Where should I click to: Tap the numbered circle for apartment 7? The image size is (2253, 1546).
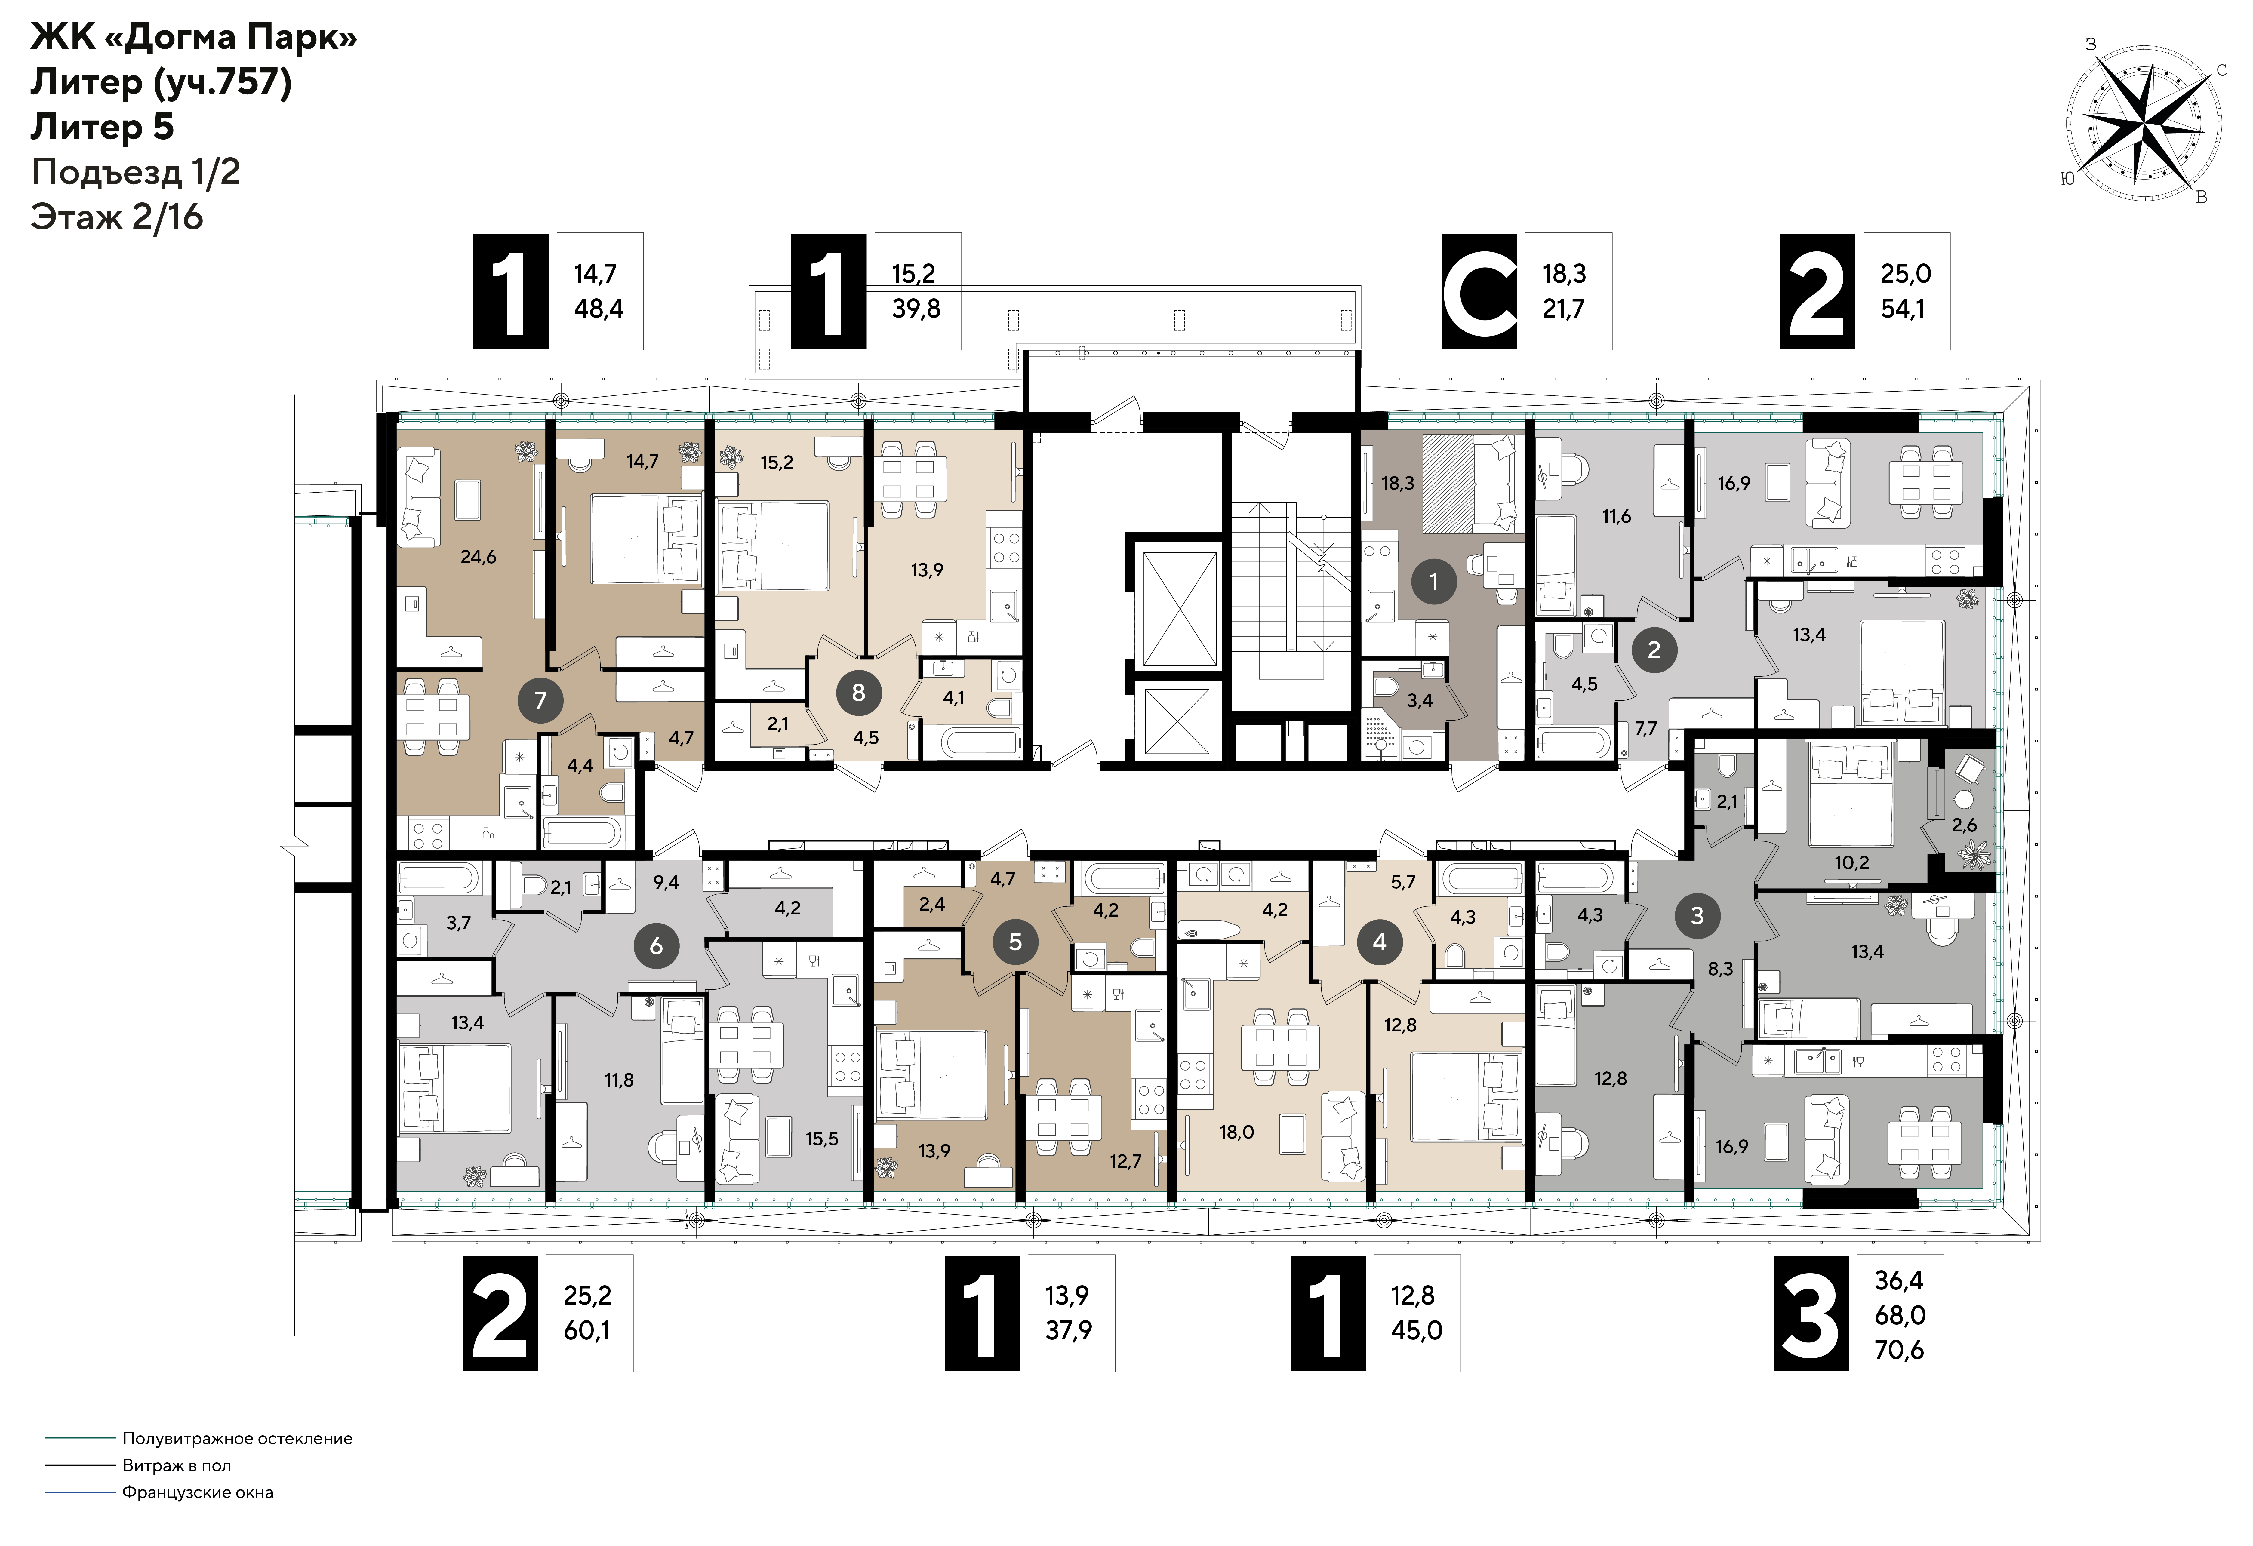(x=540, y=700)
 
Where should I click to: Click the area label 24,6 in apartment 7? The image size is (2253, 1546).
(x=479, y=557)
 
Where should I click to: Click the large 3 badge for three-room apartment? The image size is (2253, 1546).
(x=1811, y=1313)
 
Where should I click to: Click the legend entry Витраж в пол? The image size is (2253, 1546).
(x=177, y=1465)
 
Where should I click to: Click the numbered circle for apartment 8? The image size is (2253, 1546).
(x=858, y=692)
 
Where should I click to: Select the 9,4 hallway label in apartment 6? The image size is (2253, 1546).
(x=666, y=882)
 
